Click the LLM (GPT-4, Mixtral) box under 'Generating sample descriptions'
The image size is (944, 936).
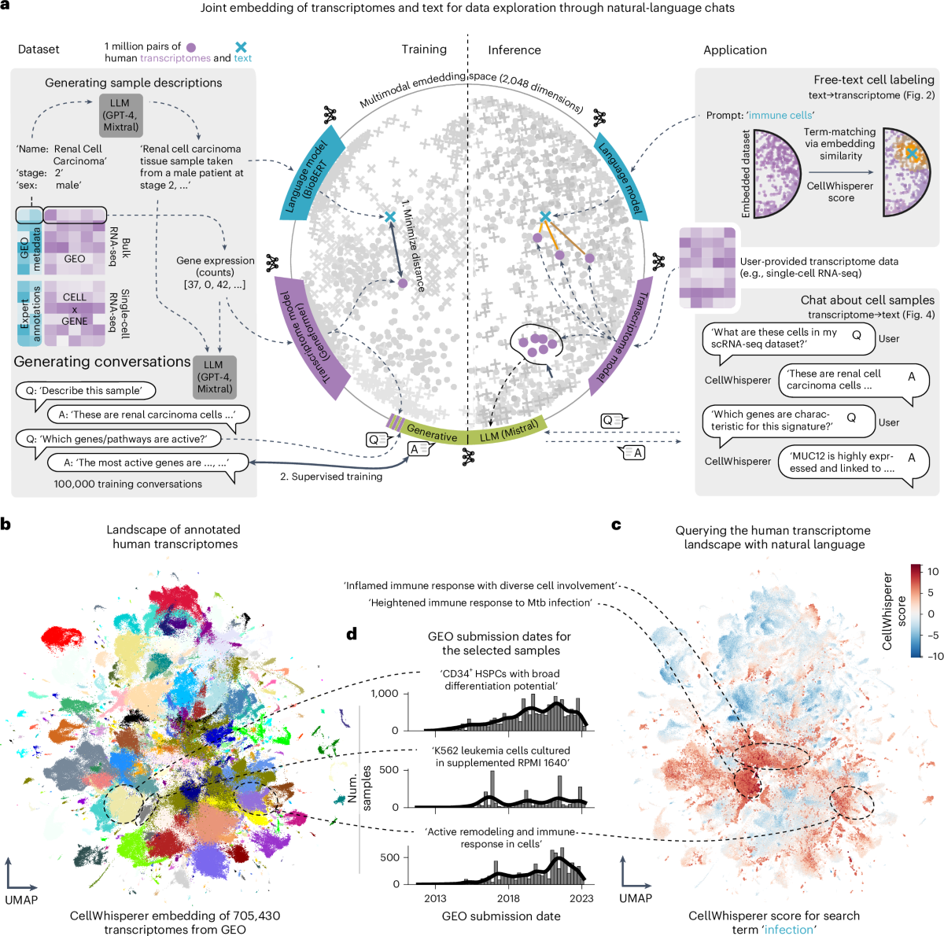pos(120,115)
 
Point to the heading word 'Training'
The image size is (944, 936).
pos(424,50)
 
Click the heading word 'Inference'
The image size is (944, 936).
pos(514,50)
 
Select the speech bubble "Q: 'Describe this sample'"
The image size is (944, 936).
pos(85,391)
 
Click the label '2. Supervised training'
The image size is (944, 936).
pos(331,477)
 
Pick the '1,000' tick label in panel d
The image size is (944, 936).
pos(385,694)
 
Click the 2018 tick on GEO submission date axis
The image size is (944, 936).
pos(508,898)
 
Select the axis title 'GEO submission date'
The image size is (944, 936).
pos(501,916)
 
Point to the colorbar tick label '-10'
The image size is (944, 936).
pos(934,655)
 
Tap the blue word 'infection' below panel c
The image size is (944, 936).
pos(789,930)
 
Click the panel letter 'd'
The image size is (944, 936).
pos(352,634)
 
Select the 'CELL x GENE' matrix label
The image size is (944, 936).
pos(75,309)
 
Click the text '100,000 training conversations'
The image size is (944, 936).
pos(127,485)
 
